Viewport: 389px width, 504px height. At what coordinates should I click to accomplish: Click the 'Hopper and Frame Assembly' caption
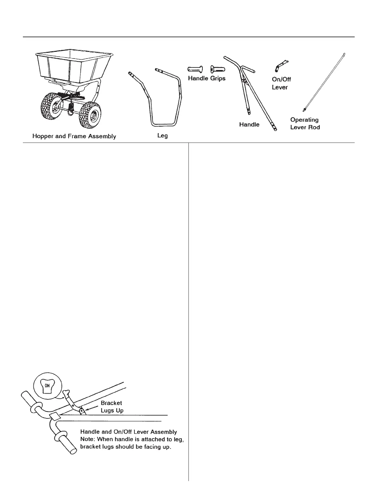coord(74,136)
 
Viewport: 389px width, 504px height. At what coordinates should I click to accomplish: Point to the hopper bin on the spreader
coord(67,64)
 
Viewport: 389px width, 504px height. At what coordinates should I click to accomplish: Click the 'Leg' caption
coord(162,136)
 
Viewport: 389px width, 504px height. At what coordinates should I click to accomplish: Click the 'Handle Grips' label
coord(207,78)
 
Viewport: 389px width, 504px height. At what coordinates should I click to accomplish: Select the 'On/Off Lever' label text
coord(281,83)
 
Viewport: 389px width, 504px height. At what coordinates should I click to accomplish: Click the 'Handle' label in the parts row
coord(249,125)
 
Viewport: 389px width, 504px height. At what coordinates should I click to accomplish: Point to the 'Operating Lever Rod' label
coord(305,123)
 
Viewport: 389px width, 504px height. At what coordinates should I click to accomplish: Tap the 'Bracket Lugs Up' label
coord(112,407)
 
